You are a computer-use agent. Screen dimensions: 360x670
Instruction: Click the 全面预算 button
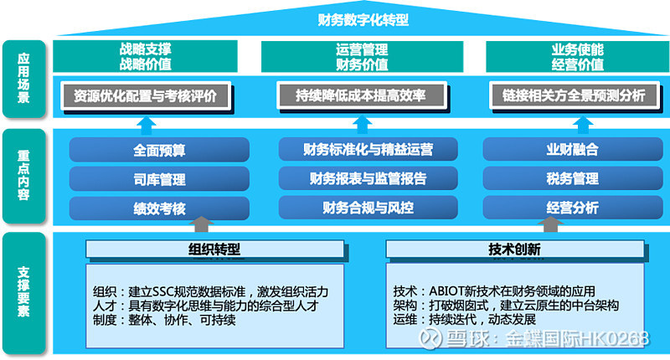(x=159, y=151)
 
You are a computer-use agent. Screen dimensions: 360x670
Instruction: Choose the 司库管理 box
(x=159, y=179)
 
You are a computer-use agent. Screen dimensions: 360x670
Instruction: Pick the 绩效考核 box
(x=159, y=208)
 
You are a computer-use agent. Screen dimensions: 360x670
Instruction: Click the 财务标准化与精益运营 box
(x=368, y=151)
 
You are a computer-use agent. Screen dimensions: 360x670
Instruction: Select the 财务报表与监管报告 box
(x=368, y=179)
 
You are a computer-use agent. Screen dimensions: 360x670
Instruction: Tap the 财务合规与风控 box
(x=368, y=208)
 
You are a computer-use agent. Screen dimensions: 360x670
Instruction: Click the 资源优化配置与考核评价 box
(x=146, y=95)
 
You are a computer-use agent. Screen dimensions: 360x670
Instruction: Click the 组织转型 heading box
(x=214, y=249)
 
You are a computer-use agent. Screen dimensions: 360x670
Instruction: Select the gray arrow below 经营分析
(x=551, y=224)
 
